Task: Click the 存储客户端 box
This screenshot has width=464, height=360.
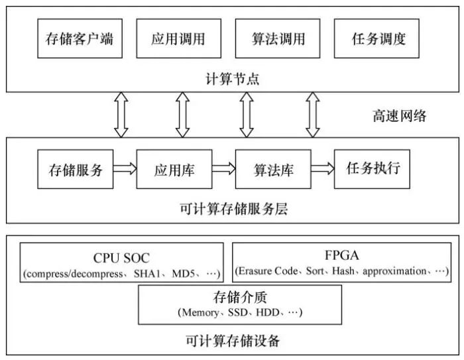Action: click(75, 38)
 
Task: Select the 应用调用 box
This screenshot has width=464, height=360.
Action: click(174, 38)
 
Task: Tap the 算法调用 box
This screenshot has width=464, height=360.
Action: click(274, 38)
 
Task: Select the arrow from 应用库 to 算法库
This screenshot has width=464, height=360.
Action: click(224, 169)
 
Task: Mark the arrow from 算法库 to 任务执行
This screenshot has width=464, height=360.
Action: click(323, 169)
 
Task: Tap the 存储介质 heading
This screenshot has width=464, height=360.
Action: click(239, 298)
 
